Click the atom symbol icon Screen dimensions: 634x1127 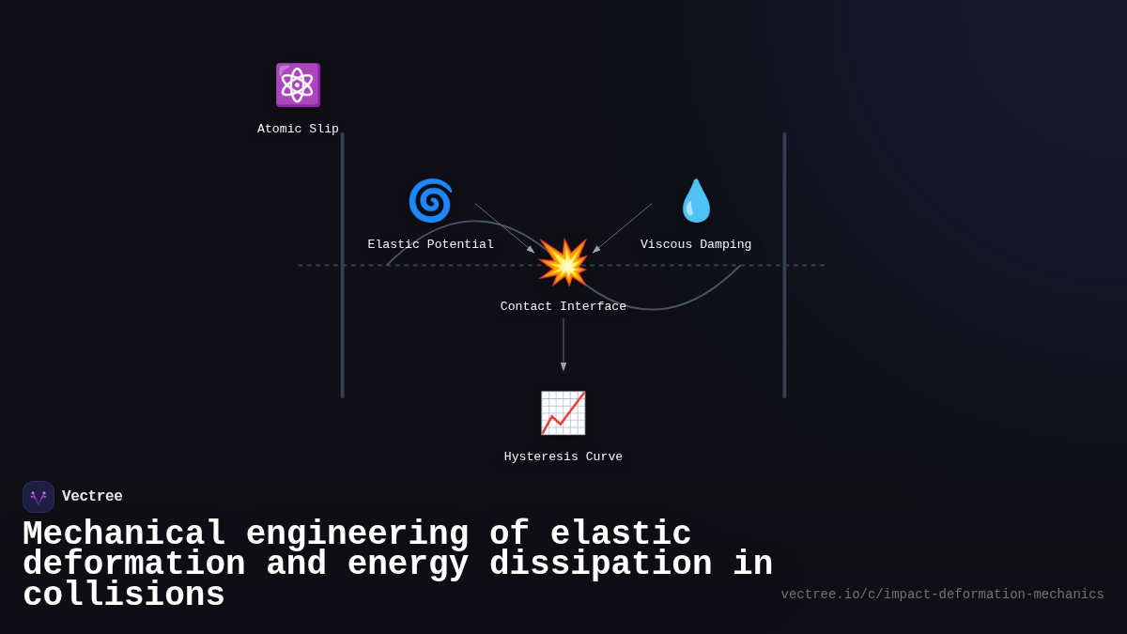(x=298, y=85)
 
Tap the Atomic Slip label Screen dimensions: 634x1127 (x=298, y=130)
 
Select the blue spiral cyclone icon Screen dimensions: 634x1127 (x=430, y=201)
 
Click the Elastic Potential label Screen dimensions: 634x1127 (x=430, y=245)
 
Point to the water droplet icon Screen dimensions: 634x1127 (x=696, y=201)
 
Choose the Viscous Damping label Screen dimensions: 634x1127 (x=696, y=245)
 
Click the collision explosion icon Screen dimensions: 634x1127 (x=563, y=263)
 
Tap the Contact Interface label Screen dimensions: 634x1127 (x=563, y=307)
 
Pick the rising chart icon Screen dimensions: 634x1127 (x=563, y=413)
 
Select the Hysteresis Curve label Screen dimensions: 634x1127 (x=563, y=457)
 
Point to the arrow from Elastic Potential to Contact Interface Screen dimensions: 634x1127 (x=504, y=228)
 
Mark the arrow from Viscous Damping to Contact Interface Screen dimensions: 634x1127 (x=622, y=228)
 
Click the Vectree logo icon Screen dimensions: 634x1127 (x=39, y=497)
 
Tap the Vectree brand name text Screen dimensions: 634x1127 (x=92, y=497)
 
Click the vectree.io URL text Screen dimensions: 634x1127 (x=942, y=595)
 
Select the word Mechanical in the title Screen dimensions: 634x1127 (x=124, y=534)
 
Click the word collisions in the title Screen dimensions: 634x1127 (x=124, y=595)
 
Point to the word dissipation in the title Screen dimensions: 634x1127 (x=600, y=564)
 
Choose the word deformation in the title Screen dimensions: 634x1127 (x=133, y=564)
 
